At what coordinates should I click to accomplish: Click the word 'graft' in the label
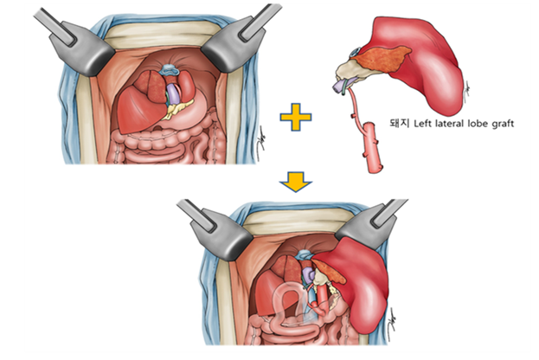[501, 123]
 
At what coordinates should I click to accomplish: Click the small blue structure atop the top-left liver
[166, 67]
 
